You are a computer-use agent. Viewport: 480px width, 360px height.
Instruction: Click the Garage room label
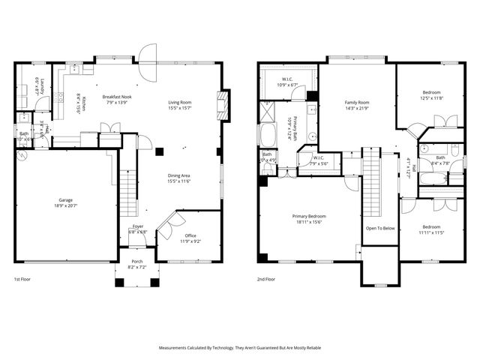pos(66,200)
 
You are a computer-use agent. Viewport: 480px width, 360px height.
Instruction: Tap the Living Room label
pos(179,102)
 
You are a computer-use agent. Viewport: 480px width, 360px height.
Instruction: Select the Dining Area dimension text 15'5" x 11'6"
pos(179,181)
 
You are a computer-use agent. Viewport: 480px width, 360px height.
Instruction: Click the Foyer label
pos(138,226)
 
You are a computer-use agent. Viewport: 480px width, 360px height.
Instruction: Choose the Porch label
pos(137,262)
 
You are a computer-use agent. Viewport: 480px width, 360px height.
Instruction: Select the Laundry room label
pos(43,87)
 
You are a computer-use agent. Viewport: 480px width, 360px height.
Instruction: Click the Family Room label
pos(357,102)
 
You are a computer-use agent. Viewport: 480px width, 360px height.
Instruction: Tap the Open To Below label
pos(381,228)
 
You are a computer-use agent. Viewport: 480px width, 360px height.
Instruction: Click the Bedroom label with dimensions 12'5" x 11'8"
pos(431,92)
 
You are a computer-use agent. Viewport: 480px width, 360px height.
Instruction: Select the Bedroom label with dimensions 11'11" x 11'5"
pos(430,226)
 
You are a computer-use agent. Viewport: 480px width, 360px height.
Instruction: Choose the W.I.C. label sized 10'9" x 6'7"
pos(287,79)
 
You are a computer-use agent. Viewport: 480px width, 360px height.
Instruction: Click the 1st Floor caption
pos(23,279)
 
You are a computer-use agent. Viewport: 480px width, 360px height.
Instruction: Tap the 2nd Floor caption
pos(266,279)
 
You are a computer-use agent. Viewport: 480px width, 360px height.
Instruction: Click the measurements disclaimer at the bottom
pos(240,348)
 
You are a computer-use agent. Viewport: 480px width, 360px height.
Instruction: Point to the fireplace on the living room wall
pos(219,105)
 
